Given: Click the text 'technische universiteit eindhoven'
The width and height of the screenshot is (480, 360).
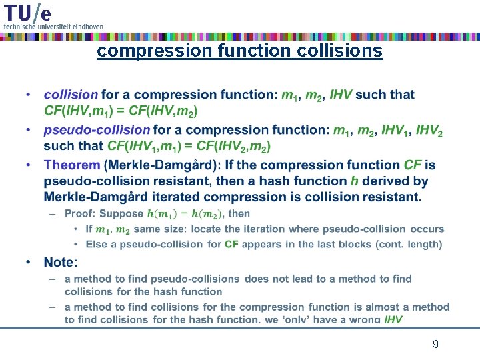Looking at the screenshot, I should pyautogui.click(x=53, y=26).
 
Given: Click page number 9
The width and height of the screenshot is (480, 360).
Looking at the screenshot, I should pyautogui.click(x=435, y=344).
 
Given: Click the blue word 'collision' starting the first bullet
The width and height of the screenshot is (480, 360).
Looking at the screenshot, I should pyautogui.click(x=71, y=95).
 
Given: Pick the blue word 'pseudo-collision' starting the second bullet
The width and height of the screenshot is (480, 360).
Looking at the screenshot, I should pyautogui.click(x=97, y=129).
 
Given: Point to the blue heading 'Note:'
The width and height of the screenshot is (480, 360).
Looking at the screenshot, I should pyautogui.click(x=61, y=263).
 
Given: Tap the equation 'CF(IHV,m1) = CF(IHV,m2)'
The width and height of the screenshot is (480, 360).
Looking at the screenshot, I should pyautogui.click(x=121, y=111).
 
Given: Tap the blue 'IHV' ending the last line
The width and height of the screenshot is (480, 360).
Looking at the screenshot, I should pyautogui.click(x=393, y=320).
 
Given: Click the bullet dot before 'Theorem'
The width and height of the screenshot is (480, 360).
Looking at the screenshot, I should pyautogui.click(x=29, y=165).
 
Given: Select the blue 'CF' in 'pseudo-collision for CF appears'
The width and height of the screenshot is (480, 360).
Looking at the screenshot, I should pyautogui.click(x=231, y=244).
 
